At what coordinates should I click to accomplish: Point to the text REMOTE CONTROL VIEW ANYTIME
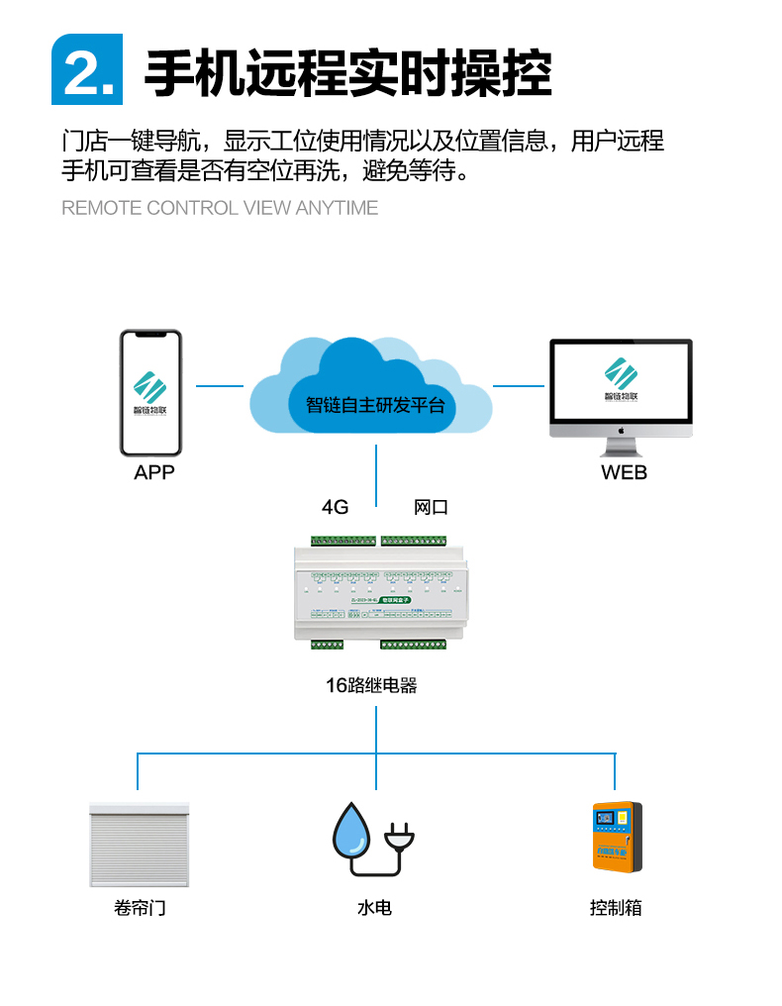220,208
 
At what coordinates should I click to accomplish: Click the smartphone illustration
151,392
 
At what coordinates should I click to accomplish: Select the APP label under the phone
153,472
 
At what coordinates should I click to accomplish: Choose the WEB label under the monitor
624,472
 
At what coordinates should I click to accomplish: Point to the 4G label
336,507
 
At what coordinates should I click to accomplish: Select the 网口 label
431,507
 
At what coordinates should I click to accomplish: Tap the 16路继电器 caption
371,684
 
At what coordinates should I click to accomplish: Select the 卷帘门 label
140,907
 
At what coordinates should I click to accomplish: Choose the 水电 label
374,907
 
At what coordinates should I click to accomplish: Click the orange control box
617,837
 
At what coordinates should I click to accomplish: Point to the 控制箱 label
616,907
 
